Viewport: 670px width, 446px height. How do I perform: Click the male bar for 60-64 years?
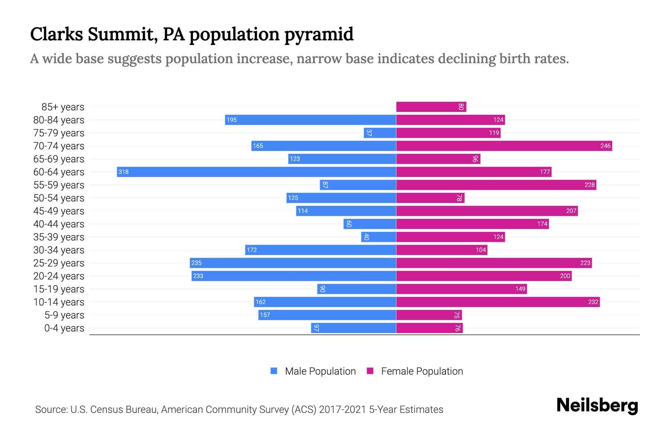pyautogui.click(x=256, y=172)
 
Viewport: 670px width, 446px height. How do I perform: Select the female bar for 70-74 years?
pyautogui.click(x=504, y=146)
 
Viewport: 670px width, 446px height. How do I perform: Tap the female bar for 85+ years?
pyautogui.click(x=431, y=107)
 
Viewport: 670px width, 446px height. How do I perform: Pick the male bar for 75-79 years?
pyautogui.click(x=380, y=133)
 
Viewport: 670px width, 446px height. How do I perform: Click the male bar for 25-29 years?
pyautogui.click(x=293, y=263)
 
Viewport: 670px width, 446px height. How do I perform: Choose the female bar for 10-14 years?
pyautogui.click(x=498, y=302)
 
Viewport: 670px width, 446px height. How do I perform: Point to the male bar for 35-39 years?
pyautogui.click(x=379, y=237)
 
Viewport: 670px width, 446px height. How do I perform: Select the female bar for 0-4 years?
pyautogui.click(x=429, y=328)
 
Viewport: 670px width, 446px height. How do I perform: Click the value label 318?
pyautogui.click(x=123, y=172)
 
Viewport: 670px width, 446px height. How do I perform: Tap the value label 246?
pyautogui.click(x=605, y=146)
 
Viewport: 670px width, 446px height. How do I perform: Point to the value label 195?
pyautogui.click(x=232, y=120)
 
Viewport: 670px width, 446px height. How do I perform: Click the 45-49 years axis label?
pyautogui.click(x=59, y=211)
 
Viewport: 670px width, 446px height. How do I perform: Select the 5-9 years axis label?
pyautogui.click(x=64, y=315)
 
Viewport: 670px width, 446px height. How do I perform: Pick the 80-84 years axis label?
pyautogui.click(x=59, y=120)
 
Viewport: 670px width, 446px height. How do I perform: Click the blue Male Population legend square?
pyautogui.click(x=274, y=371)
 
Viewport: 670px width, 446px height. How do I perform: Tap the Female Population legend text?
pyautogui.click(x=422, y=371)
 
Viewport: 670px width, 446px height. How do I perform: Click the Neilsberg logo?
pyautogui.click(x=597, y=405)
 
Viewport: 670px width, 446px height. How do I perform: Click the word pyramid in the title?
pyautogui.click(x=319, y=34)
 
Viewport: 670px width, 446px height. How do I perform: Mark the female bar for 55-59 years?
pyautogui.click(x=496, y=185)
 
